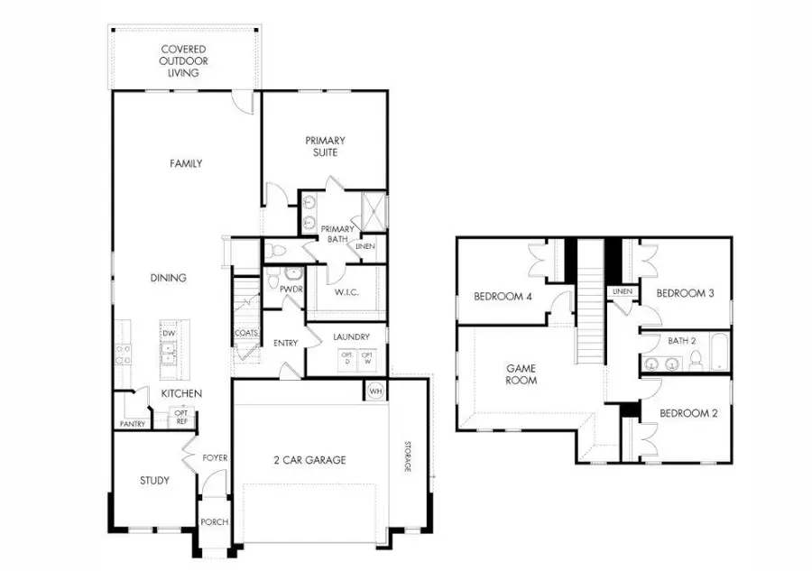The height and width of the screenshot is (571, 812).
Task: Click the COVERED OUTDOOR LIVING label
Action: [183, 60]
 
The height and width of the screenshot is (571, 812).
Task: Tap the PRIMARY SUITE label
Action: [326, 146]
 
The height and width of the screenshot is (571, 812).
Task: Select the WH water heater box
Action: [374, 391]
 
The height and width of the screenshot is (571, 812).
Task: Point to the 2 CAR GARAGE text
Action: [310, 460]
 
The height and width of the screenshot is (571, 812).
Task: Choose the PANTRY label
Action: [133, 423]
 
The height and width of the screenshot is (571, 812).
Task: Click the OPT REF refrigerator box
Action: [180, 418]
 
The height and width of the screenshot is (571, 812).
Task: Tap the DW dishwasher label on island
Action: [169, 332]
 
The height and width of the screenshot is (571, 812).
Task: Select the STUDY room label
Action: [154, 481]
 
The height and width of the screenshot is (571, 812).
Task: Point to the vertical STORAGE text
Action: [407, 456]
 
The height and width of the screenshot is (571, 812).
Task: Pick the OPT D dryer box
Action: [346, 357]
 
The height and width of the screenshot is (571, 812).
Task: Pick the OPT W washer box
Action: [368, 357]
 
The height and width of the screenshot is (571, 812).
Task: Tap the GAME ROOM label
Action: [521, 374]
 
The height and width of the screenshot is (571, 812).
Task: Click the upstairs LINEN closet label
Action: [622, 292]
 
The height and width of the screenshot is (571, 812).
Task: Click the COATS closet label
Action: [245, 333]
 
